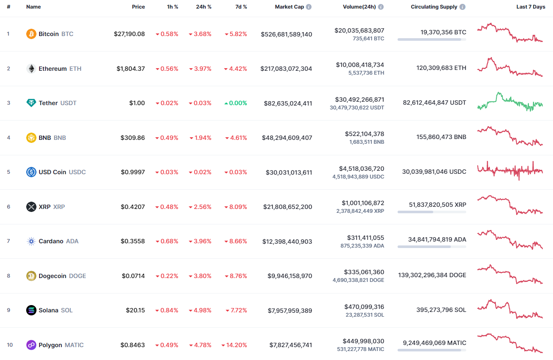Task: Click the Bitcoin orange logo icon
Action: coord(31,34)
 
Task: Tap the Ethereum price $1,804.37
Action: coord(131,69)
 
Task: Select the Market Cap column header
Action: coord(289,7)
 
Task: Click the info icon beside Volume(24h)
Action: coord(381,7)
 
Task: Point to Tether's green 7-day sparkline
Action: coord(510,102)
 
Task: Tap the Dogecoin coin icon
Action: coord(31,276)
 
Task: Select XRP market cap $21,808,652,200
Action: coord(288,207)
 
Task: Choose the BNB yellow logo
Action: coord(31,138)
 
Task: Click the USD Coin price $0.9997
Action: coord(133,172)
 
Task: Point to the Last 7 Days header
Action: coord(531,7)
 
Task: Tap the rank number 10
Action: coord(10,345)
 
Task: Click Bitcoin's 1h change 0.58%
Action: coord(167,34)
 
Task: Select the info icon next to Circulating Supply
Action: coord(462,7)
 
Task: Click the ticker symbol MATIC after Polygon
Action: coord(74,345)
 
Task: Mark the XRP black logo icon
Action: coord(31,207)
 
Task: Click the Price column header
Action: coord(138,7)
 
